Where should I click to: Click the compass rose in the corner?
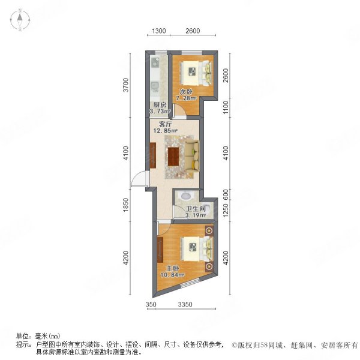pos(20,20)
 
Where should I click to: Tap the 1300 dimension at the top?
pos(159,31)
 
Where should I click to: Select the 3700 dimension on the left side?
pos(126,85)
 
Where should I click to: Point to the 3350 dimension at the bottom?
pos(185,304)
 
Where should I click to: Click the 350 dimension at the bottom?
pos(151,304)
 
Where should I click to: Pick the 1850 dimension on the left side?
pos(126,205)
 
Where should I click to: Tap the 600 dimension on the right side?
pos(226,194)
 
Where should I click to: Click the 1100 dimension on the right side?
pos(226,107)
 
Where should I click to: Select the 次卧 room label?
pos(186,92)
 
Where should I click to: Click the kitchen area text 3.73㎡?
pos(160,112)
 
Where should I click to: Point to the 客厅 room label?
pos(166,124)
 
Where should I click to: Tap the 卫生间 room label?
pos(196,209)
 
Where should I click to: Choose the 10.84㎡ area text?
pos(172,275)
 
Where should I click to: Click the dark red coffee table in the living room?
pos(173,157)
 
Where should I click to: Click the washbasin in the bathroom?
pos(186,196)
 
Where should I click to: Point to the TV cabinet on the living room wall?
pos(153,155)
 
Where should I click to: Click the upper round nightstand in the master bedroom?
pos(209,231)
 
